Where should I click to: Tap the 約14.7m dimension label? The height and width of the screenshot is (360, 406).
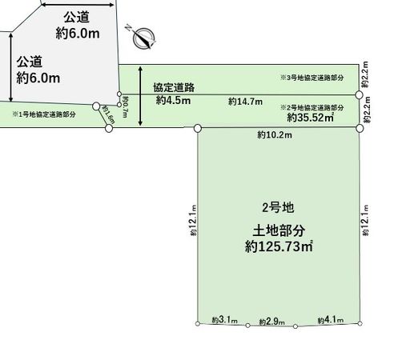[245, 102]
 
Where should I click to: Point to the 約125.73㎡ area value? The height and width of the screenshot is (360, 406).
[278, 248]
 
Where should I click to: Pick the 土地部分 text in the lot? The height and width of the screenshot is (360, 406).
[278, 229]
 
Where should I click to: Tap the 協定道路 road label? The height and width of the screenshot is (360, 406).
[174, 86]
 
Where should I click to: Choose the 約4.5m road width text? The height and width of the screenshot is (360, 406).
[174, 101]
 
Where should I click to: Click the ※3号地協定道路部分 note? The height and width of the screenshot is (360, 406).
[312, 78]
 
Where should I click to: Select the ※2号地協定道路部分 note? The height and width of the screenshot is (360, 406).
[312, 107]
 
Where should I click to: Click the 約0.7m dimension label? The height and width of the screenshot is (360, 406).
[126, 105]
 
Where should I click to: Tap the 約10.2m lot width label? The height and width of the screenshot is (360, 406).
[275, 136]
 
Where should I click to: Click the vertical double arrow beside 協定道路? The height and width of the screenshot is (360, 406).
[142, 95]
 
